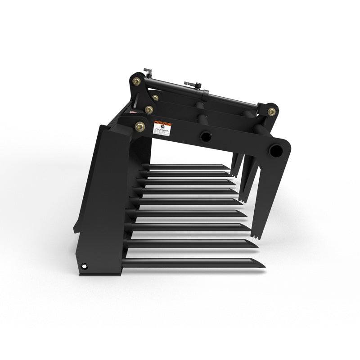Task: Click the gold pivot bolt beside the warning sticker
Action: [x=140, y=126]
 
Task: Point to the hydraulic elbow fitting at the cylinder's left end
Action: [x=146, y=72]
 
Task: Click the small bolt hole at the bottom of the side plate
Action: [x=83, y=265]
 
